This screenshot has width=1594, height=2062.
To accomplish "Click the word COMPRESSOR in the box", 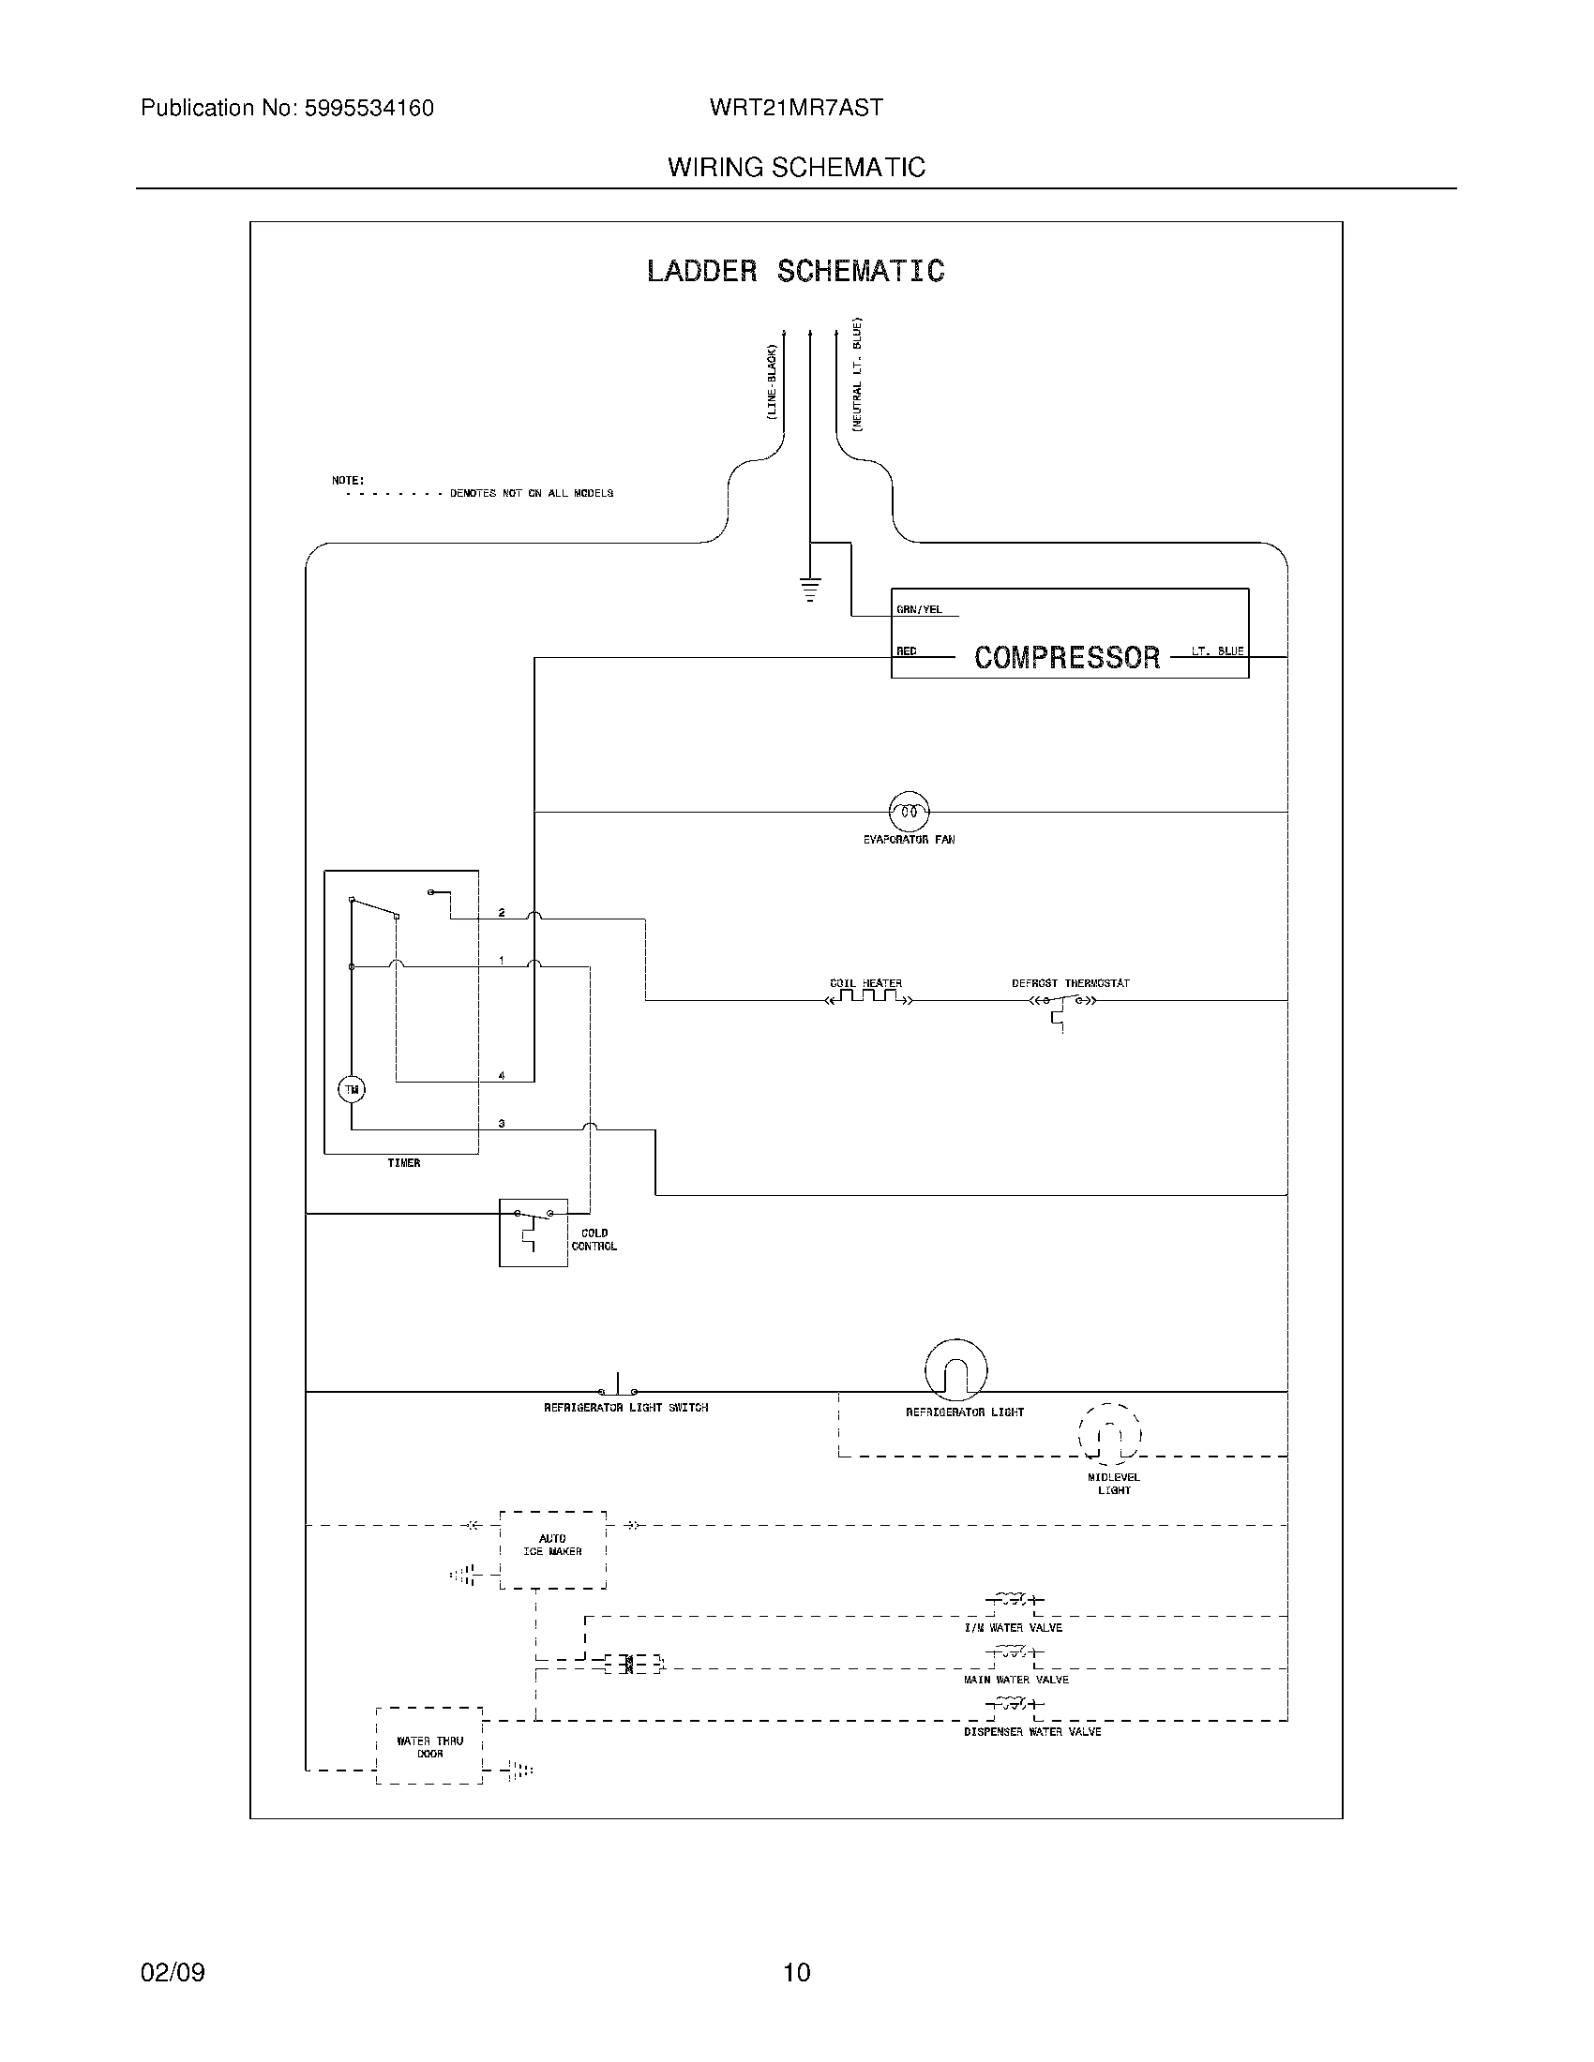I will point(1066,657).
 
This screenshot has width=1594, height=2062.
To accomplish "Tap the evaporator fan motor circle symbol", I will point(909,811).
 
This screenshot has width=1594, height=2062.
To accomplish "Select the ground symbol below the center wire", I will point(809,590).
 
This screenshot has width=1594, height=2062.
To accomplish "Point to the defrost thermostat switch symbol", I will point(1061,1003).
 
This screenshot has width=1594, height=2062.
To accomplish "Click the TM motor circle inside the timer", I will point(352,1089).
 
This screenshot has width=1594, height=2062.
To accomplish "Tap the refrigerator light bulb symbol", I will point(955,1370).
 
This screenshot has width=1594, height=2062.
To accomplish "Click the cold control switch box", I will point(533,1233).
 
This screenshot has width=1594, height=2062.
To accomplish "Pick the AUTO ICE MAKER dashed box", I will point(552,1549).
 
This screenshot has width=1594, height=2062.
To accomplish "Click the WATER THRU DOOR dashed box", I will point(429,1746).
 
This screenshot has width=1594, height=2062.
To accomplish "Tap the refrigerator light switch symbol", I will point(618,1389).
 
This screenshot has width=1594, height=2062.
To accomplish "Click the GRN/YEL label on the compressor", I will point(919,610).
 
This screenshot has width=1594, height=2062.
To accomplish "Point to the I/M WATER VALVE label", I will point(1013,1628).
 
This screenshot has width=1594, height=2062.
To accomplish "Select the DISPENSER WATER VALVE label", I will point(1032,1731).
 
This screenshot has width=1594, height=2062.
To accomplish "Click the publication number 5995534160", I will point(368,109).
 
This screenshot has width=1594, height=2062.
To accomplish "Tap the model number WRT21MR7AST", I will point(796,108).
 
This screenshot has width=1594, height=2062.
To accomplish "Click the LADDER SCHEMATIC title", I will point(795,272).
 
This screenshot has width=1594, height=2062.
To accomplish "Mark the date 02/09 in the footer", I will point(172,1972).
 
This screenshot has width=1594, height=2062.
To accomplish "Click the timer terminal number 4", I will point(502,1075).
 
